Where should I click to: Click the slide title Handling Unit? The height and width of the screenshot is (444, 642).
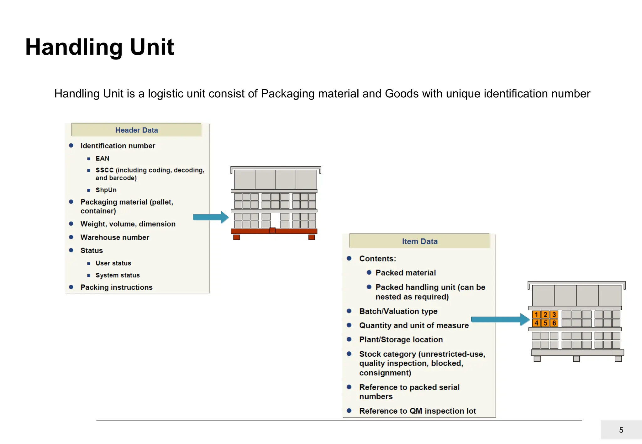[99, 47]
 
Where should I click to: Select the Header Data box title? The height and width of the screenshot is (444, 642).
[136, 130]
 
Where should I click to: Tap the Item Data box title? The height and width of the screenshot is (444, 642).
[419, 241]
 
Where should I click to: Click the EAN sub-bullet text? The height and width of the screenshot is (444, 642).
[102, 158]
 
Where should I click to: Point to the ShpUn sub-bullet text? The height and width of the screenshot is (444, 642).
[106, 190]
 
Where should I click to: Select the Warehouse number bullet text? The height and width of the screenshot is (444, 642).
[115, 237]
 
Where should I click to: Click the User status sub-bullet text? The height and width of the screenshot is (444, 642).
[113, 263]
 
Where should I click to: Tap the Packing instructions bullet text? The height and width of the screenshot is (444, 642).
[116, 287]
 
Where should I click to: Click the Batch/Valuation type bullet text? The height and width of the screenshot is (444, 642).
[398, 311]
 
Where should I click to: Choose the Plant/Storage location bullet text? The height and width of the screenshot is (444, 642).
[401, 340]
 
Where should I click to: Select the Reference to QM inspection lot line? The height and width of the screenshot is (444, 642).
[417, 411]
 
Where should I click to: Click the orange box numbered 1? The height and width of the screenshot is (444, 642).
[536, 315]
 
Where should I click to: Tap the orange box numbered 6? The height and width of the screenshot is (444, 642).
[554, 323]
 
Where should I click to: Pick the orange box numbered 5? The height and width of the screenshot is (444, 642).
[545, 323]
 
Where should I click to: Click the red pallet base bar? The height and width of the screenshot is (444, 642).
[274, 231]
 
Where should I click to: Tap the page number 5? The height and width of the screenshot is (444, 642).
[621, 430]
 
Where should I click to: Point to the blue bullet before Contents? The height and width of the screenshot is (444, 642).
[349, 258]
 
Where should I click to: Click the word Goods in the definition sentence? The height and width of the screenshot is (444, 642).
[402, 94]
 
